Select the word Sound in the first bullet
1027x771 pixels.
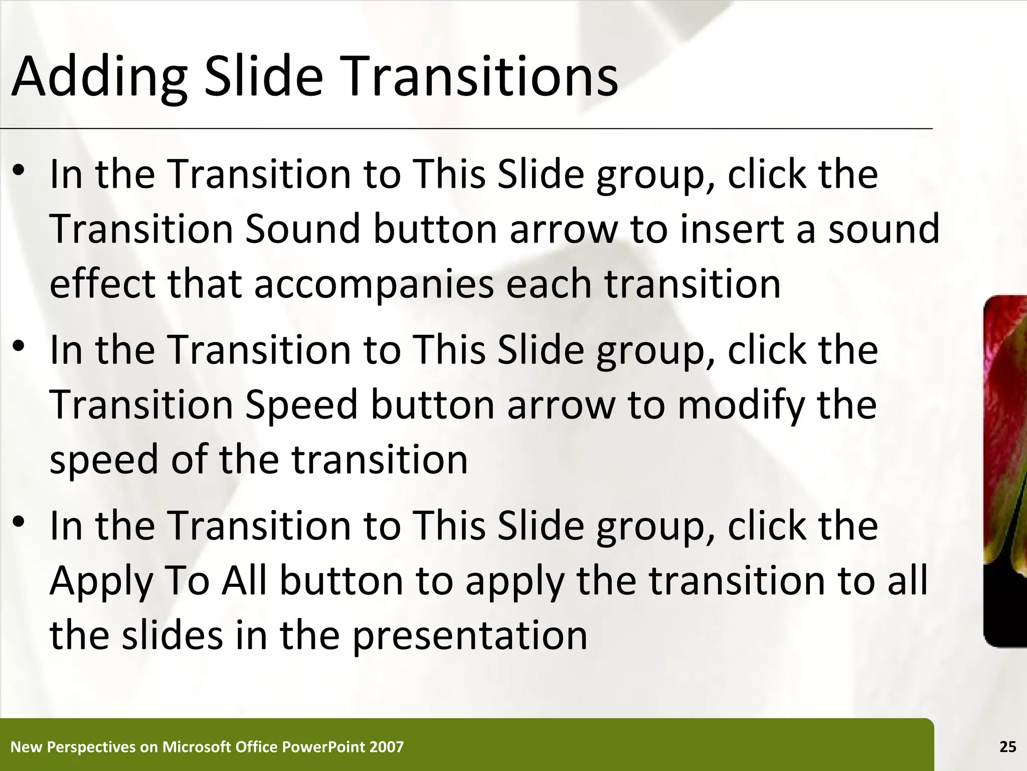point(303,229)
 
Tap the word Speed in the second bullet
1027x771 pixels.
point(301,405)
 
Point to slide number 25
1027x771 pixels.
point(1007,747)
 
